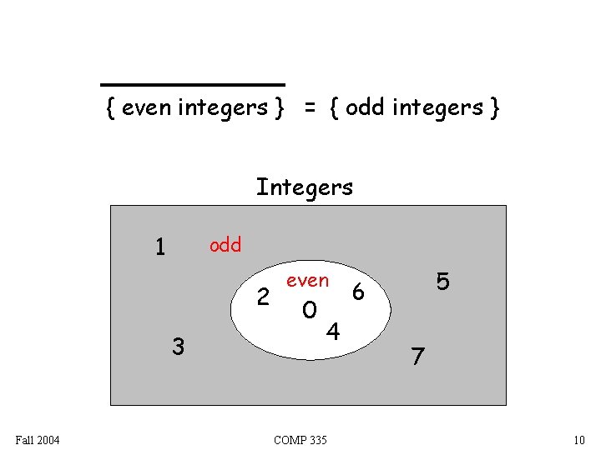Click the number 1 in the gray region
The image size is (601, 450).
(x=161, y=247)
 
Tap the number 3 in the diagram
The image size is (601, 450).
(x=177, y=345)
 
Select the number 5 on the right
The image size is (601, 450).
(x=443, y=282)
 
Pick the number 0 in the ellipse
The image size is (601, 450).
(x=310, y=311)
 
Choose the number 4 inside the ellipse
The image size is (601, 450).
(x=332, y=332)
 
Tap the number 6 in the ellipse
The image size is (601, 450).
(x=358, y=291)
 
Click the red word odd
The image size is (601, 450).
(x=225, y=245)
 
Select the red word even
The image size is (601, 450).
(x=307, y=281)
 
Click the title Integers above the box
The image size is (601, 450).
(x=305, y=187)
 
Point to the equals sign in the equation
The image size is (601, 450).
(x=310, y=108)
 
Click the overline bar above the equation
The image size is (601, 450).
(x=193, y=85)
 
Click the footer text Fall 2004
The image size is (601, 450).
(x=37, y=439)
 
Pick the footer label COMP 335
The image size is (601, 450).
(x=300, y=439)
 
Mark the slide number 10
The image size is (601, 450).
(x=579, y=439)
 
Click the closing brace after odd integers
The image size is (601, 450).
(x=495, y=108)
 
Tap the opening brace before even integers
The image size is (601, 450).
(x=111, y=108)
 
